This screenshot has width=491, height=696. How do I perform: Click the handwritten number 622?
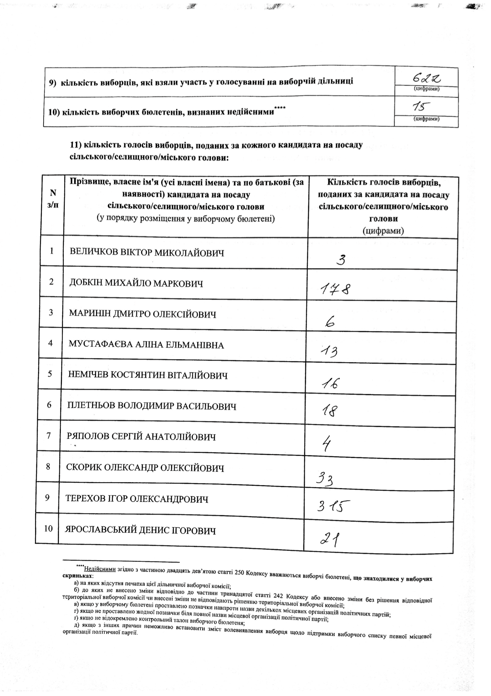(x=427, y=77)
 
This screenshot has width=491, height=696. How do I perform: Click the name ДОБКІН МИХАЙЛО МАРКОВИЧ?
(x=136, y=283)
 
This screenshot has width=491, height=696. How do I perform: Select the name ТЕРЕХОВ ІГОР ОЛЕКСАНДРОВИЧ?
(x=137, y=499)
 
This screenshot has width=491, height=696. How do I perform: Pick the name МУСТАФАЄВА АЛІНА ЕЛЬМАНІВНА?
(x=146, y=345)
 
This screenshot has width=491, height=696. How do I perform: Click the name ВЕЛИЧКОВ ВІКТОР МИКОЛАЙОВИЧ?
(x=147, y=253)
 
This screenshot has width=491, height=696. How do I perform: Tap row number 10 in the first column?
(x=48, y=528)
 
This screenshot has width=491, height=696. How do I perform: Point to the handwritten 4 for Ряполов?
(x=326, y=444)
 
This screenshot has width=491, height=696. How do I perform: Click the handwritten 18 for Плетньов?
(x=329, y=411)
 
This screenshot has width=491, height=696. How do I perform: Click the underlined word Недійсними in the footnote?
(x=100, y=569)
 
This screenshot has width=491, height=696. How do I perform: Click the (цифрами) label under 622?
(x=427, y=89)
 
